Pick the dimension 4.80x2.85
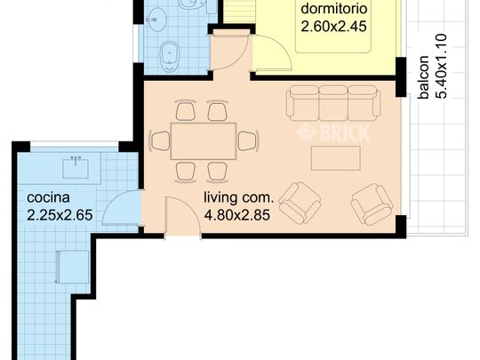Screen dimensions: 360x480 (x=236, y=213)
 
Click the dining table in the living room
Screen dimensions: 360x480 (x=203, y=140)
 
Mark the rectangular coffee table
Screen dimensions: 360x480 (x=335, y=156)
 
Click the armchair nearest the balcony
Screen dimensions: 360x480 (x=371, y=204)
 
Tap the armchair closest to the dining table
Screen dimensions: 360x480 (x=300, y=202)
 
